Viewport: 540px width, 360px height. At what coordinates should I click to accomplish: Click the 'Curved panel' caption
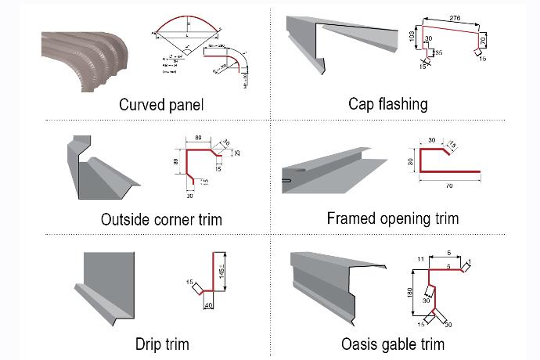[x=161, y=104]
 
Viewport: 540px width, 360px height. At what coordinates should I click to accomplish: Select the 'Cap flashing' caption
[x=388, y=103]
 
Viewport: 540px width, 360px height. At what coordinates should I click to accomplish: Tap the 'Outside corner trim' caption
[x=161, y=220]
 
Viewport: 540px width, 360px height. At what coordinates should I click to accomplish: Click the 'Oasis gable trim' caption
[x=393, y=344]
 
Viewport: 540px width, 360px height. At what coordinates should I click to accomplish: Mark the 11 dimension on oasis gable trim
[x=421, y=257]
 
